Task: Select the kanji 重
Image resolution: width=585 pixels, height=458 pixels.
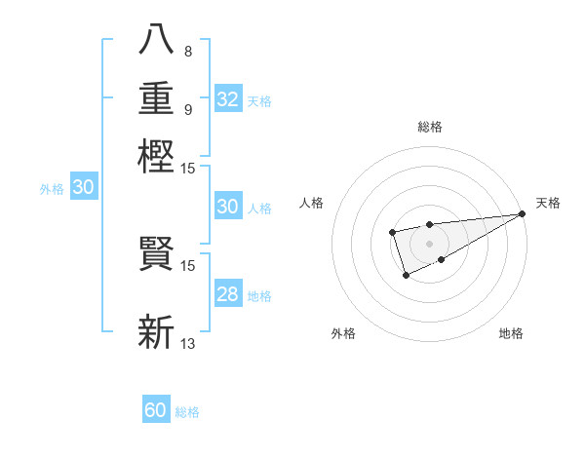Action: click(x=157, y=100)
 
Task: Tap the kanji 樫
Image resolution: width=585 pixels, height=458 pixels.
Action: click(x=157, y=156)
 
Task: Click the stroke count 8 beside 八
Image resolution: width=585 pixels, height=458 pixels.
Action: click(x=187, y=51)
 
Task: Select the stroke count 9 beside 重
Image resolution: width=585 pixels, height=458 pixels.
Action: click(x=187, y=108)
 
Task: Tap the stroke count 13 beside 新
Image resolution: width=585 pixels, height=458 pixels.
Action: click(x=188, y=343)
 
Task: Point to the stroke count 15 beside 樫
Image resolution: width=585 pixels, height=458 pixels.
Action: click(x=188, y=169)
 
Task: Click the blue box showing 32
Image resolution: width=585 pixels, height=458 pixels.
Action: click(x=227, y=99)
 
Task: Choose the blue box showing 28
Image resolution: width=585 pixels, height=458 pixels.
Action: click(x=227, y=294)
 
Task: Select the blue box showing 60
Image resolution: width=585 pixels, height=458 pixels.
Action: click(x=156, y=410)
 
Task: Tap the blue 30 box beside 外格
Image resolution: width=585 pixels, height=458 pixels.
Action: click(x=83, y=188)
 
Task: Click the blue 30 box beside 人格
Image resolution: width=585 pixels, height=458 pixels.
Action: click(x=227, y=207)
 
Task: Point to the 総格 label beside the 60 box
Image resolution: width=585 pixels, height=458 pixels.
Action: click(x=187, y=412)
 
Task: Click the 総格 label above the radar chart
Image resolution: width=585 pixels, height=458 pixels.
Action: click(x=429, y=127)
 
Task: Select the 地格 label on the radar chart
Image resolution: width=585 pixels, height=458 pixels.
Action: click(x=511, y=334)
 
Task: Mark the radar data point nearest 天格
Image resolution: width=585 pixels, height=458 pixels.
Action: click(x=522, y=213)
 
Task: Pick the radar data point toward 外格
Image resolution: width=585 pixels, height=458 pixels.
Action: click(x=406, y=277)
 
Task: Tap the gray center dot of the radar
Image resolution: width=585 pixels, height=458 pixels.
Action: click(x=429, y=243)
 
